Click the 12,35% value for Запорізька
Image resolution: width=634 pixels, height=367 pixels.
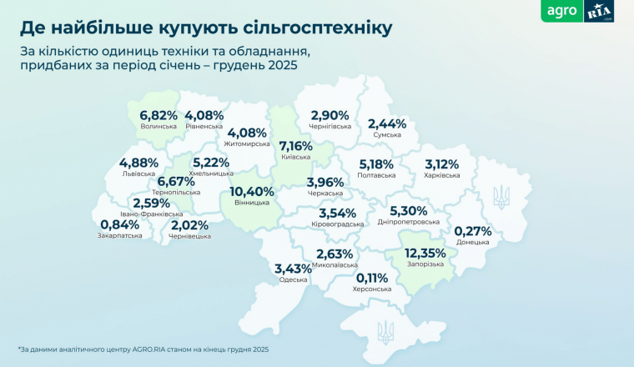425,253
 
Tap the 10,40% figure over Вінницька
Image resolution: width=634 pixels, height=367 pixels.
251,191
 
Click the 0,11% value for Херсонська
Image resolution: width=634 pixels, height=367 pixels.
373,278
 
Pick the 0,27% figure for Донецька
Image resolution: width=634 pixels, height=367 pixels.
473,232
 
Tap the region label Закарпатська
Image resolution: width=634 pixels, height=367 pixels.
119,235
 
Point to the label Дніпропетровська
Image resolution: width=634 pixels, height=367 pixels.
408,223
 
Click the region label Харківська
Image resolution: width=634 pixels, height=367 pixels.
442,175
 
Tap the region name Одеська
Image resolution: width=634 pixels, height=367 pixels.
294,279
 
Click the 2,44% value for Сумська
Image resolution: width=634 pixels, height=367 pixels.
387,124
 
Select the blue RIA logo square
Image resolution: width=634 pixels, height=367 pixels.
600,13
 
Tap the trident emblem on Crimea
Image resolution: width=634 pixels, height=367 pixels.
386,331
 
